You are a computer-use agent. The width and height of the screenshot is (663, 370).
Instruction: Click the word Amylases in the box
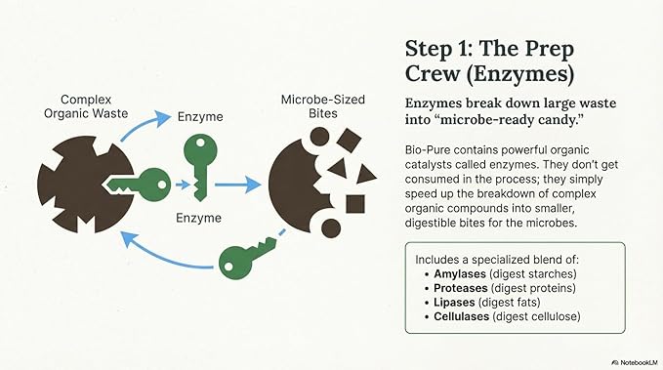[x=460, y=274]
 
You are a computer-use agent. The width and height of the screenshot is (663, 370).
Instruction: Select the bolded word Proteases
[x=461, y=288]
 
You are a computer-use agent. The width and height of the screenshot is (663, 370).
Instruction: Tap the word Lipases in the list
[x=454, y=303]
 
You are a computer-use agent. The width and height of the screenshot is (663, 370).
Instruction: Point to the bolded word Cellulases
[x=461, y=316]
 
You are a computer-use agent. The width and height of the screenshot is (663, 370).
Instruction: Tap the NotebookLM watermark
[x=635, y=362]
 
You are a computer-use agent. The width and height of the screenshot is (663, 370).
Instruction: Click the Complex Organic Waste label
[x=86, y=106]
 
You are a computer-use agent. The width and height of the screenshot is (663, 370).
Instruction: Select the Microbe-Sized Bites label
[x=322, y=106]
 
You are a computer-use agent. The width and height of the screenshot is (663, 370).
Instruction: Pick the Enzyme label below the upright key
[x=199, y=218]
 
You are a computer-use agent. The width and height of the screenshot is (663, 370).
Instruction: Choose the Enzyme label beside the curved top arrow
[x=200, y=117]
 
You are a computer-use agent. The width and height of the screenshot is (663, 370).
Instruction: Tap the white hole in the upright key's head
[x=200, y=144]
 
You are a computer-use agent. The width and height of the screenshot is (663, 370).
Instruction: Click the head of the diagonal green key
[x=233, y=264]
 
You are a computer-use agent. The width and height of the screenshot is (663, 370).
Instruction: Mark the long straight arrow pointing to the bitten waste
[x=237, y=185]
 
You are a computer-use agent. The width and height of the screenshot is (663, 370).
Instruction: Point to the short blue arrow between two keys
[x=183, y=185]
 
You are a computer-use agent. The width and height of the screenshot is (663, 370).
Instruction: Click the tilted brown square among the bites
[x=349, y=140]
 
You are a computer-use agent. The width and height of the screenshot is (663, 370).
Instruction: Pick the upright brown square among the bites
[x=355, y=204]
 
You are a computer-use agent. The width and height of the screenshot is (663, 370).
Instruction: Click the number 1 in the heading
[x=461, y=49]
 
